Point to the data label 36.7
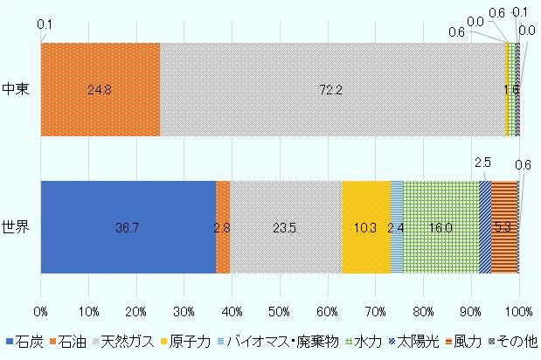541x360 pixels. pyautogui.click(x=128, y=228)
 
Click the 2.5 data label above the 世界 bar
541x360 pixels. pyautogui.click(x=482, y=163)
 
